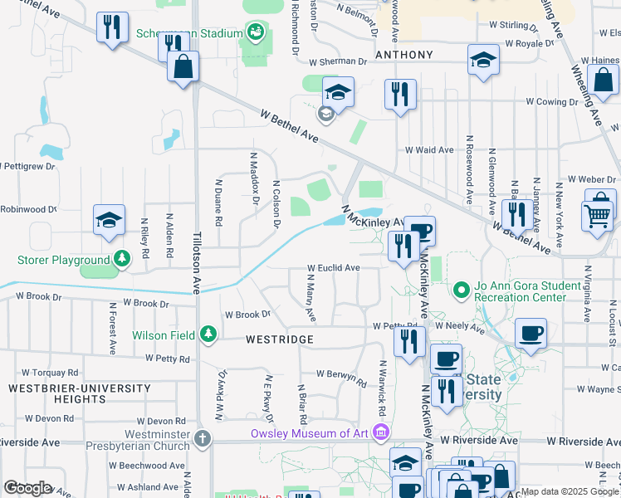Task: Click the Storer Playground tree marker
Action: pyautogui.click(x=122, y=260)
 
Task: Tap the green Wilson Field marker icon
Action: pyautogui.click(x=208, y=335)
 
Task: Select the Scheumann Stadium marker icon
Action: pyautogui.click(x=256, y=34)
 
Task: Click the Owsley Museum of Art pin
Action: pyautogui.click(x=380, y=433)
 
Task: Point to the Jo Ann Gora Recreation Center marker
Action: pyautogui.click(x=462, y=290)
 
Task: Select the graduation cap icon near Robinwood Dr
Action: pyautogui.click(x=109, y=221)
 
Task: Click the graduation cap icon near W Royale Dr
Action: pyautogui.click(x=483, y=61)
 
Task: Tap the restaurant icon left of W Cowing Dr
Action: pyautogui.click(x=400, y=95)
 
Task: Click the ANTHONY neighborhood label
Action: pyautogui.click(x=404, y=55)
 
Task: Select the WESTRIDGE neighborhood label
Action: pyautogui.click(x=279, y=339)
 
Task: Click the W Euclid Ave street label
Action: pyautogui.click(x=333, y=268)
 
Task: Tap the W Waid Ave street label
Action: pyautogui.click(x=429, y=150)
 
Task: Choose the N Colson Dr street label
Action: pyautogui.click(x=275, y=203)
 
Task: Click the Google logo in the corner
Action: pyautogui.click(x=27, y=488)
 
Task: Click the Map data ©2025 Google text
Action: pyautogui.click(x=570, y=491)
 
